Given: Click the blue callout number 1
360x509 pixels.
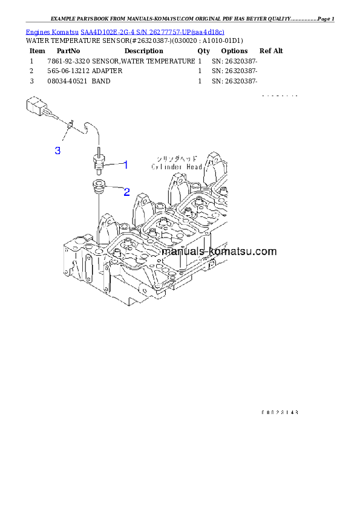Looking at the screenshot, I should coord(126,164).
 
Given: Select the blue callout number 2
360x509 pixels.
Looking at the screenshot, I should coord(126,192).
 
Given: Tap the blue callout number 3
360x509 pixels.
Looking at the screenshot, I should coord(57,151).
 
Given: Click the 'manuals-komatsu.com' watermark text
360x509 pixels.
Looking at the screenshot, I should coord(220,251).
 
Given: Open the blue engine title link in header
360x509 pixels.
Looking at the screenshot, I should coord(125,31).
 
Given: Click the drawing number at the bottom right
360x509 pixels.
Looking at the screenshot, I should coord(280,412).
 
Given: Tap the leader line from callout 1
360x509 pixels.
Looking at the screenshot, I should coord(114,164).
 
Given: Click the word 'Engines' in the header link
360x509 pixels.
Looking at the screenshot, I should coord(37,31).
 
